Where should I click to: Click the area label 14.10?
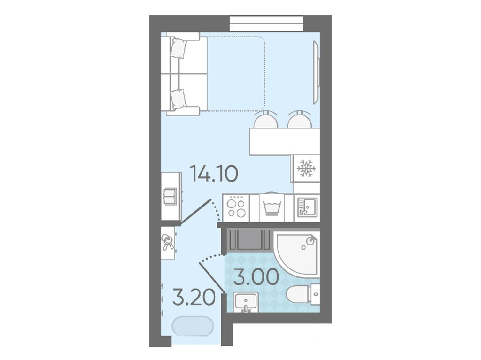coord(214,174)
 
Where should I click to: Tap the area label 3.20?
coord(194,298)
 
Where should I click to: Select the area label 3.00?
coord(256,277)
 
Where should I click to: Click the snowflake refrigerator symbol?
coord(306,168)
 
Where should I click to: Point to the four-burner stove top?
coord(236,208)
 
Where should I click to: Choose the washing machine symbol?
coord(272,207)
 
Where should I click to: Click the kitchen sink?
coord(307,207)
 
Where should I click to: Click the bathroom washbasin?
coord(246,302)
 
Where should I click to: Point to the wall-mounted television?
coord(317,73)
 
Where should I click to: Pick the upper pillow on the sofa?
coord(178,48)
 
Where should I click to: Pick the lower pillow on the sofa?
coord(178,99)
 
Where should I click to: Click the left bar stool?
coord(266,120)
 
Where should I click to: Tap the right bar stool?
coord(300,120)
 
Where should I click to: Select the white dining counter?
coord(285,141)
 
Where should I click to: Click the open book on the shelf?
coord(169,196)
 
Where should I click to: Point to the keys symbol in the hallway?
coord(168,242)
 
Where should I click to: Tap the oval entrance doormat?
coord(193,326)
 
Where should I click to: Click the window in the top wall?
coord(266,23)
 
